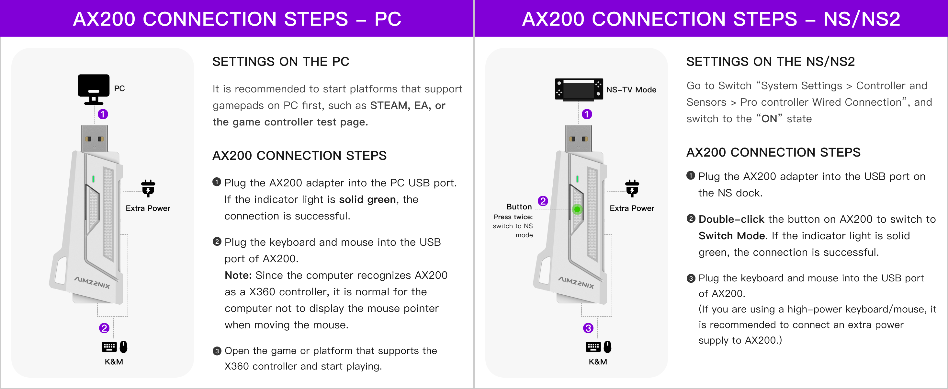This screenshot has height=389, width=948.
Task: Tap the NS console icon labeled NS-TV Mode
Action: (579, 89)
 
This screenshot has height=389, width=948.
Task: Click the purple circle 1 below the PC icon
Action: (103, 114)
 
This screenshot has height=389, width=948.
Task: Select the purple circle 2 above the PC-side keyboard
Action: (104, 328)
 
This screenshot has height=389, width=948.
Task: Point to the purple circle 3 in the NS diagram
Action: (588, 328)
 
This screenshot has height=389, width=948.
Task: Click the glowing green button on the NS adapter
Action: (577, 209)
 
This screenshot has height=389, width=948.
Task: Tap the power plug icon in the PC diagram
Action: (148, 188)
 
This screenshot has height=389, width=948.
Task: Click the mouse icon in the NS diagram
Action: (608, 347)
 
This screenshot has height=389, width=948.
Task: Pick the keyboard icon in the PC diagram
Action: (109, 347)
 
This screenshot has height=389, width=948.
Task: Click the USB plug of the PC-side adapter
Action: (95, 138)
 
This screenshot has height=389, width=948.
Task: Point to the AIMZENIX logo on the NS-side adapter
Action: (576, 282)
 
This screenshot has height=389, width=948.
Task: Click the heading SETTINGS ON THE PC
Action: (281, 62)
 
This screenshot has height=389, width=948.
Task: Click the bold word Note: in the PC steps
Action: (238, 275)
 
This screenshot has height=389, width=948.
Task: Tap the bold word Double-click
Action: (731, 219)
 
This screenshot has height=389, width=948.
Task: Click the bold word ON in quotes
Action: (769, 119)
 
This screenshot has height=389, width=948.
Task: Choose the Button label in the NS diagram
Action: (519, 207)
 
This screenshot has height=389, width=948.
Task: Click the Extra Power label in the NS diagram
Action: (632, 208)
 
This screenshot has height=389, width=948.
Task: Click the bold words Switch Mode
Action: (732, 236)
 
